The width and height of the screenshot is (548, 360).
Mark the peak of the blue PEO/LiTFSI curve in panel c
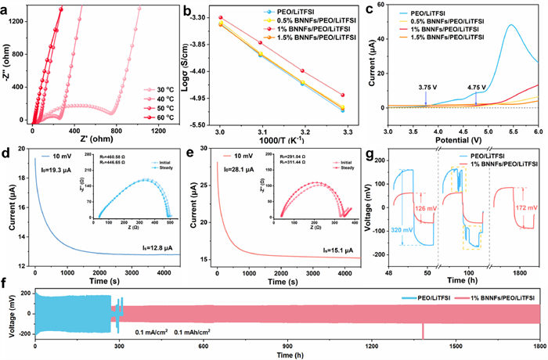tap(511, 24)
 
